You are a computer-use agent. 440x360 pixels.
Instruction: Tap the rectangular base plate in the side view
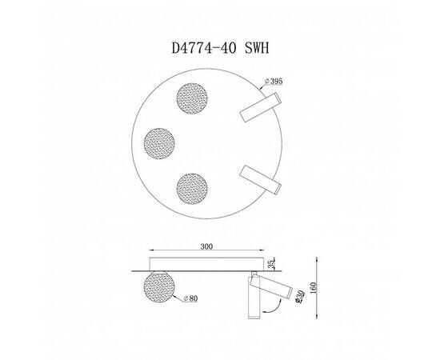tap(206, 265)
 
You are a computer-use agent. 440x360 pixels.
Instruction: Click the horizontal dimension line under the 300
tap(206, 254)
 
